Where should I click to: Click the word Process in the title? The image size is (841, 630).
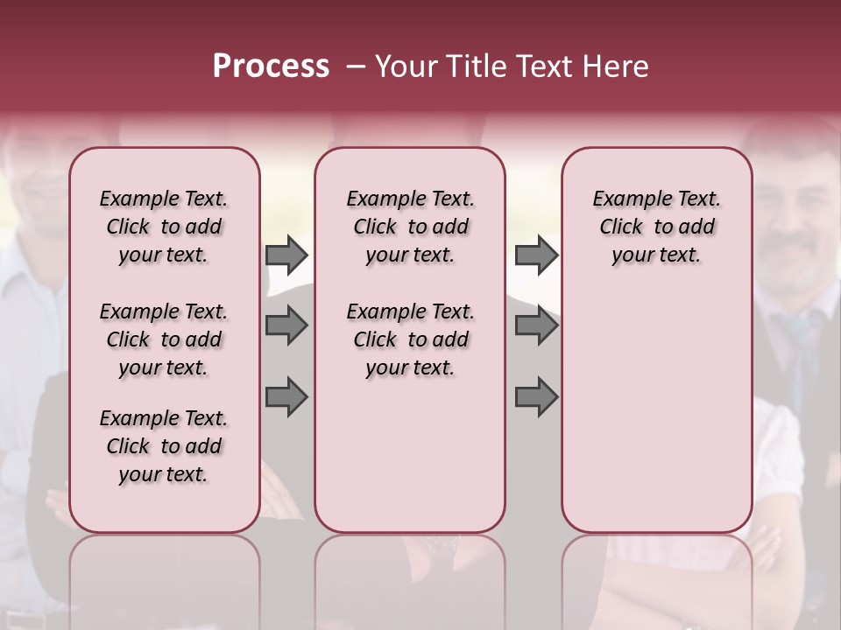tap(271, 66)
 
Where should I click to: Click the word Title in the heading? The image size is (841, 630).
tap(471, 66)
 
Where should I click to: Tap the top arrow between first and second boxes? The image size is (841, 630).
tap(286, 255)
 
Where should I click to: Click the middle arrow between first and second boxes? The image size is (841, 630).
tap(286, 326)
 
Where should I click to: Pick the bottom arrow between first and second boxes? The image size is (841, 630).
tap(286, 397)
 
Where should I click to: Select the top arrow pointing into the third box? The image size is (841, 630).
tap(536, 255)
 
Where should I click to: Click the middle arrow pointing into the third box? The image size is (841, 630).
tap(536, 326)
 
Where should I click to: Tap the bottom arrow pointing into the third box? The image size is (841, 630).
tap(536, 397)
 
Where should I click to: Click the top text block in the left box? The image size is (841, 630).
tap(164, 227)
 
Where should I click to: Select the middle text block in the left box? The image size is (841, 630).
tap(164, 339)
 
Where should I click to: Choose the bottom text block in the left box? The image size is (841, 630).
tap(164, 446)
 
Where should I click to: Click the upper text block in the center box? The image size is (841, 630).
tap(410, 227)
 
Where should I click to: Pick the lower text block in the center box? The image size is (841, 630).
tap(410, 339)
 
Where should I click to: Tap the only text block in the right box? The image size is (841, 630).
tap(656, 227)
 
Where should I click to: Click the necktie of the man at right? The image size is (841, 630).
tap(799, 350)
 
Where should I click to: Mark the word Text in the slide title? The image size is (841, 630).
tap(541, 66)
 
